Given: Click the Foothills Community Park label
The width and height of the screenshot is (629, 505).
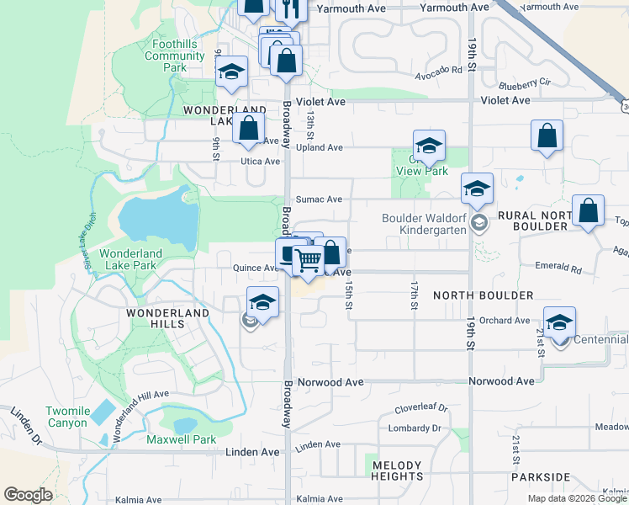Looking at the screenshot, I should click(x=174, y=56).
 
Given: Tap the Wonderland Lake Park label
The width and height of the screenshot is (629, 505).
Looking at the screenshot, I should click(x=130, y=259).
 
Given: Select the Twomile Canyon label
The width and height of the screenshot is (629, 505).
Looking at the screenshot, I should click(x=67, y=417).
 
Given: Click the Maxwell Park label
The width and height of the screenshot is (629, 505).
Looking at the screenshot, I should click(x=181, y=439).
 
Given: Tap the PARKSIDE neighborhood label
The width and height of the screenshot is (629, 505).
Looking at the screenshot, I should click(x=540, y=476).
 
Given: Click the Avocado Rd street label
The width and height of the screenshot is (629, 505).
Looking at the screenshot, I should click(x=445, y=71).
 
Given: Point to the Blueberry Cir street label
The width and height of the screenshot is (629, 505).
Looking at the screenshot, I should click(x=523, y=83).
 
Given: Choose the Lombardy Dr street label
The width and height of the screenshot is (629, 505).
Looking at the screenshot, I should click(x=415, y=428).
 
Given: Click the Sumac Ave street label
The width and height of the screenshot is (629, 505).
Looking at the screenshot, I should click(x=322, y=199).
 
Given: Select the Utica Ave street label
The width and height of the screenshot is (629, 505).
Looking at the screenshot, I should click(x=260, y=161).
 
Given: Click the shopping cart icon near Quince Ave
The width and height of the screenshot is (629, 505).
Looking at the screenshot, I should click(x=309, y=263).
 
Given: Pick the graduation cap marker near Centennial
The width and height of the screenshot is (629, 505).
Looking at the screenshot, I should click(x=560, y=325).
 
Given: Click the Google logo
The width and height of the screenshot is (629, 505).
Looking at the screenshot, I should click(x=28, y=495).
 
